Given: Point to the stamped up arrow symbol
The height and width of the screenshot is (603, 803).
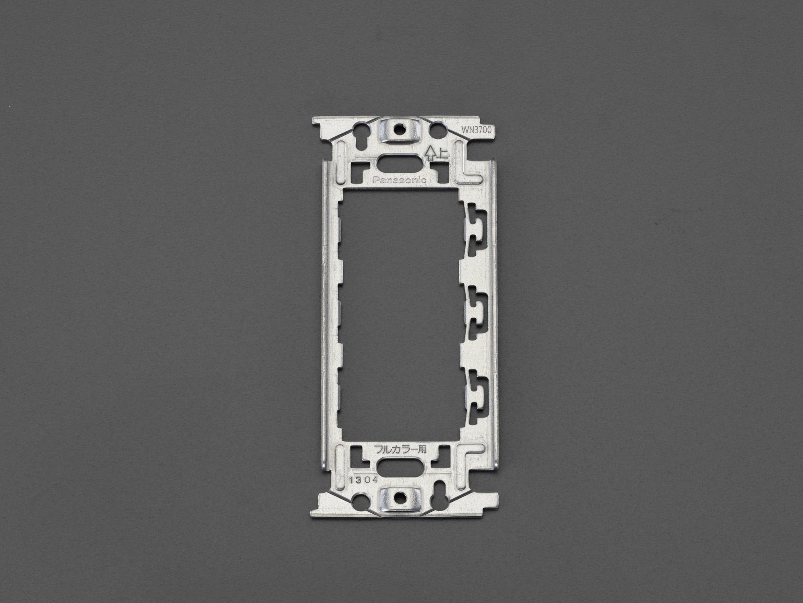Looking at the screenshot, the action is (430, 153).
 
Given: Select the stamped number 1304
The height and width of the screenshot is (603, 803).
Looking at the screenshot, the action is (363, 480).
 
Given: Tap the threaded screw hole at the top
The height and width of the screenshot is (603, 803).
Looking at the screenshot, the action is (399, 129).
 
